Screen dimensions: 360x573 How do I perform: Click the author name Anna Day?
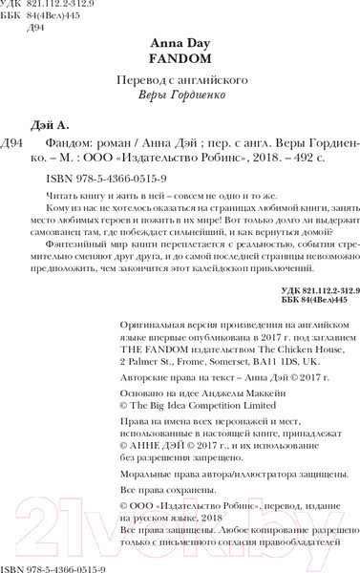(x=180, y=44)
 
